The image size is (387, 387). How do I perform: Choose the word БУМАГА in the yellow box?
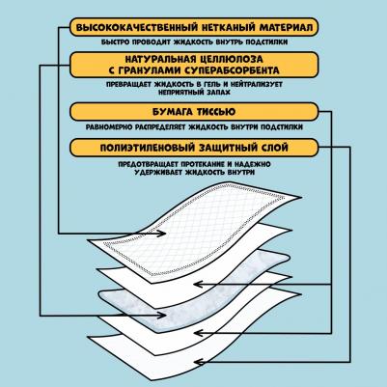click(173, 112)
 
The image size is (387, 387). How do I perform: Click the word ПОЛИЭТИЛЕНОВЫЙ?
click(148, 148)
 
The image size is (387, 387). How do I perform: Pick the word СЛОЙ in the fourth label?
click(274, 148)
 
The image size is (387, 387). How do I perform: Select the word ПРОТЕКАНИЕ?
click(200, 164)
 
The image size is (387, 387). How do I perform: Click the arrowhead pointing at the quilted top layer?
click(161, 234)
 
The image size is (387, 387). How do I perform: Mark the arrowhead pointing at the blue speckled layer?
click(161, 316)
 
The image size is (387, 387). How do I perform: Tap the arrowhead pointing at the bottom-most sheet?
click(200, 362)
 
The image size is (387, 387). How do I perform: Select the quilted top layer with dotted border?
click(193, 232)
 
